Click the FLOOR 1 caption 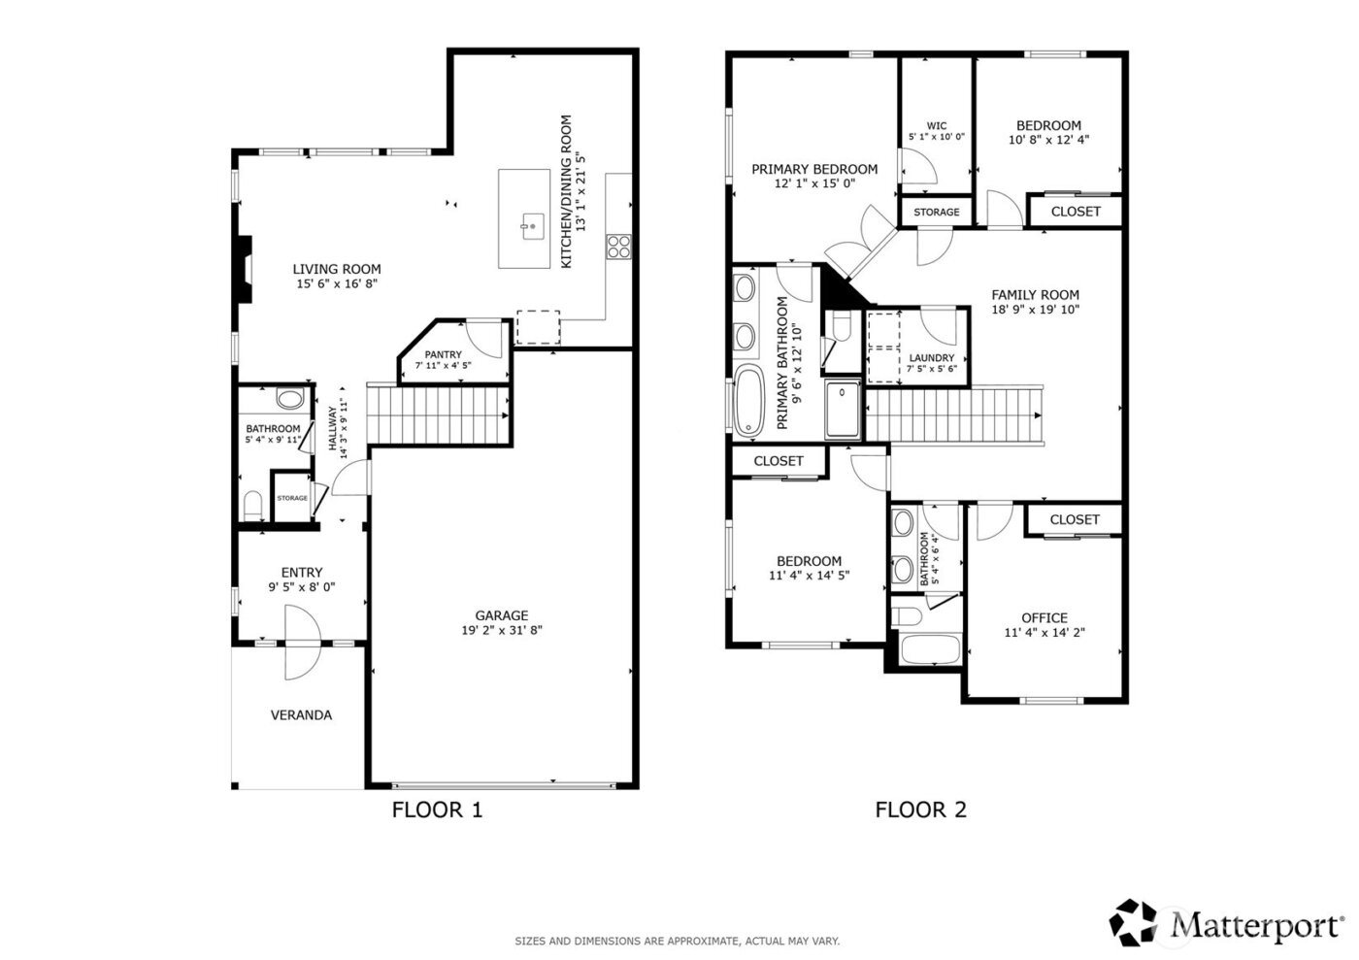(437, 810)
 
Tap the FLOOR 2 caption (920, 810)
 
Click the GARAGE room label (501, 615)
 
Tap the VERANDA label (301, 715)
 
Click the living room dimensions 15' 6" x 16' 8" (337, 284)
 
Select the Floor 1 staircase (440, 414)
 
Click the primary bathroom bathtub (748, 401)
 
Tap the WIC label (936, 125)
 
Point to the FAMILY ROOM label (1035, 295)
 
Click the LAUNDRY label (931, 358)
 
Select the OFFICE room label (1044, 617)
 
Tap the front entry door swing (301, 643)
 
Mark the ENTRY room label (301, 573)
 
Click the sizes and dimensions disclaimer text (677, 941)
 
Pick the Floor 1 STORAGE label (292, 498)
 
